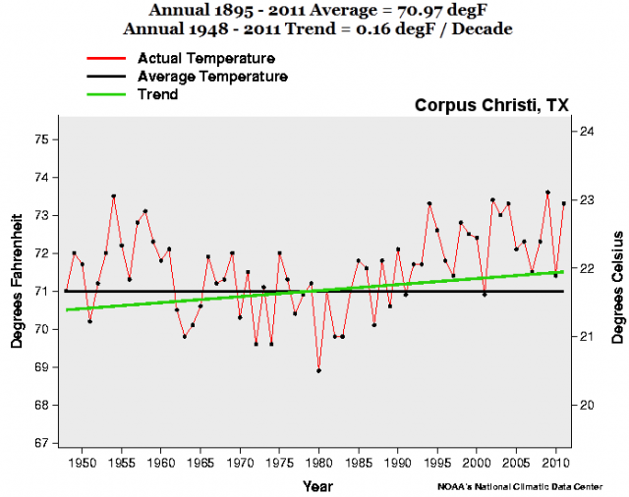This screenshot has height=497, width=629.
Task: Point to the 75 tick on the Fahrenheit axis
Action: click(41, 139)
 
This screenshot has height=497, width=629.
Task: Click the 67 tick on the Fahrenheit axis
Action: click(41, 443)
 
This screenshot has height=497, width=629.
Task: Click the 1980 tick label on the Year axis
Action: click(319, 463)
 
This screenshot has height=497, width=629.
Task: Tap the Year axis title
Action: click(317, 484)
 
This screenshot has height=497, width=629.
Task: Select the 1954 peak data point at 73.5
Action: click(114, 196)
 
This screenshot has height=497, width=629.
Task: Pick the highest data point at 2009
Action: click(547, 193)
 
